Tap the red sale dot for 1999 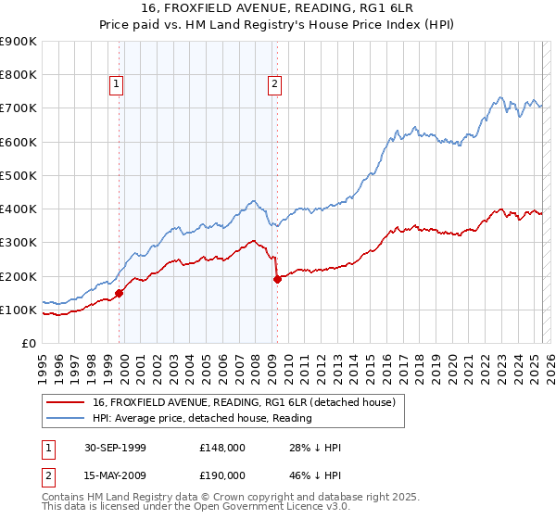[120, 294]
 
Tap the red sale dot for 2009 [277, 279]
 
